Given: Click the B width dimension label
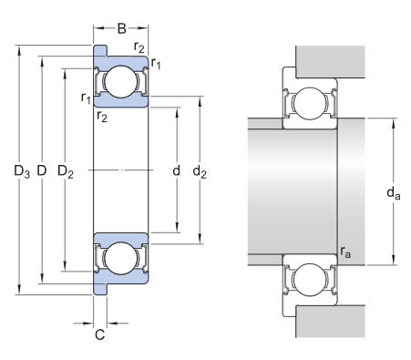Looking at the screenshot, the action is (x=121, y=28).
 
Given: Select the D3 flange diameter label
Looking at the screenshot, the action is (x=22, y=171).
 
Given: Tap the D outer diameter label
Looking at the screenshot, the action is (x=42, y=170).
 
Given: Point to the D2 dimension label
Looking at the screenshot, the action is (x=66, y=171).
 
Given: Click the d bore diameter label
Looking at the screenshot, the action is (x=176, y=170).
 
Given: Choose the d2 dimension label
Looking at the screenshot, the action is (x=200, y=171).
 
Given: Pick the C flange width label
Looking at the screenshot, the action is (x=100, y=334).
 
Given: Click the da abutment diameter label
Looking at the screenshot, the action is (x=394, y=193).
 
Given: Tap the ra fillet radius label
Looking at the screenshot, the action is (x=345, y=252).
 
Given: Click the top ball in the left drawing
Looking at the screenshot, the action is (x=121, y=82).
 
